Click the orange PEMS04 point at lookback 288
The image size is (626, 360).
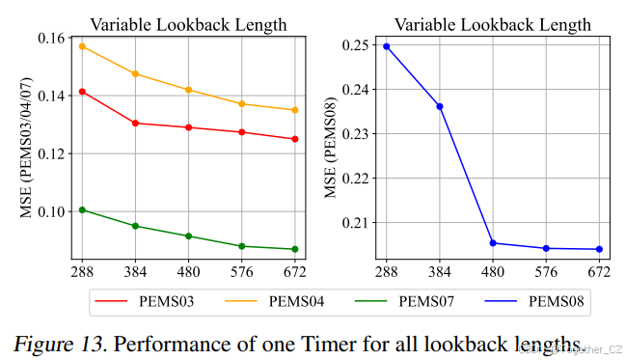82,46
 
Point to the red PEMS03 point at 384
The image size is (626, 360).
135,124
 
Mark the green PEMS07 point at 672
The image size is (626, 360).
295,249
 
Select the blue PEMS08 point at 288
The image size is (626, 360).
386,46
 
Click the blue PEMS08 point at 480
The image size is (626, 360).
493,243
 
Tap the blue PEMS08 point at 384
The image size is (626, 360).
440,106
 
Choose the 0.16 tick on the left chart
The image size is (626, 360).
53,39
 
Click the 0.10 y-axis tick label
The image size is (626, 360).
53,211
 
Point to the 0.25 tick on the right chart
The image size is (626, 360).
356,45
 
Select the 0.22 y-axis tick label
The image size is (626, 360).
356,179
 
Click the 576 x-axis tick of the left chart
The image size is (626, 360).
242,272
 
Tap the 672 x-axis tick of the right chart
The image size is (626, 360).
599,272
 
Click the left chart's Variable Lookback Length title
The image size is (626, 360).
188,24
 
